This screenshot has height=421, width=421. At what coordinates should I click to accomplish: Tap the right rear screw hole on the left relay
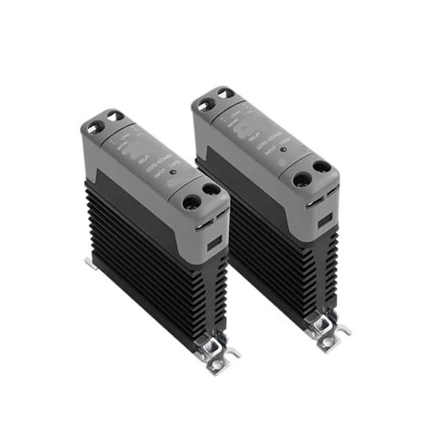tap(115, 116)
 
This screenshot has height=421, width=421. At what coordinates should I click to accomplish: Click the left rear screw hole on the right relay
tap(205, 104)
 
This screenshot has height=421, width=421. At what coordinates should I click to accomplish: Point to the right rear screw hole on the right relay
tap(225, 93)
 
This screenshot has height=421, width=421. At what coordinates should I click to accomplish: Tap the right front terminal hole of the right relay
tap(321, 168)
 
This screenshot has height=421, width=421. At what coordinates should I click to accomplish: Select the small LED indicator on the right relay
tap(283, 150)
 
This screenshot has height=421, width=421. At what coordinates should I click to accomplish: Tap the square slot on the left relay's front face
tap(214, 241)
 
